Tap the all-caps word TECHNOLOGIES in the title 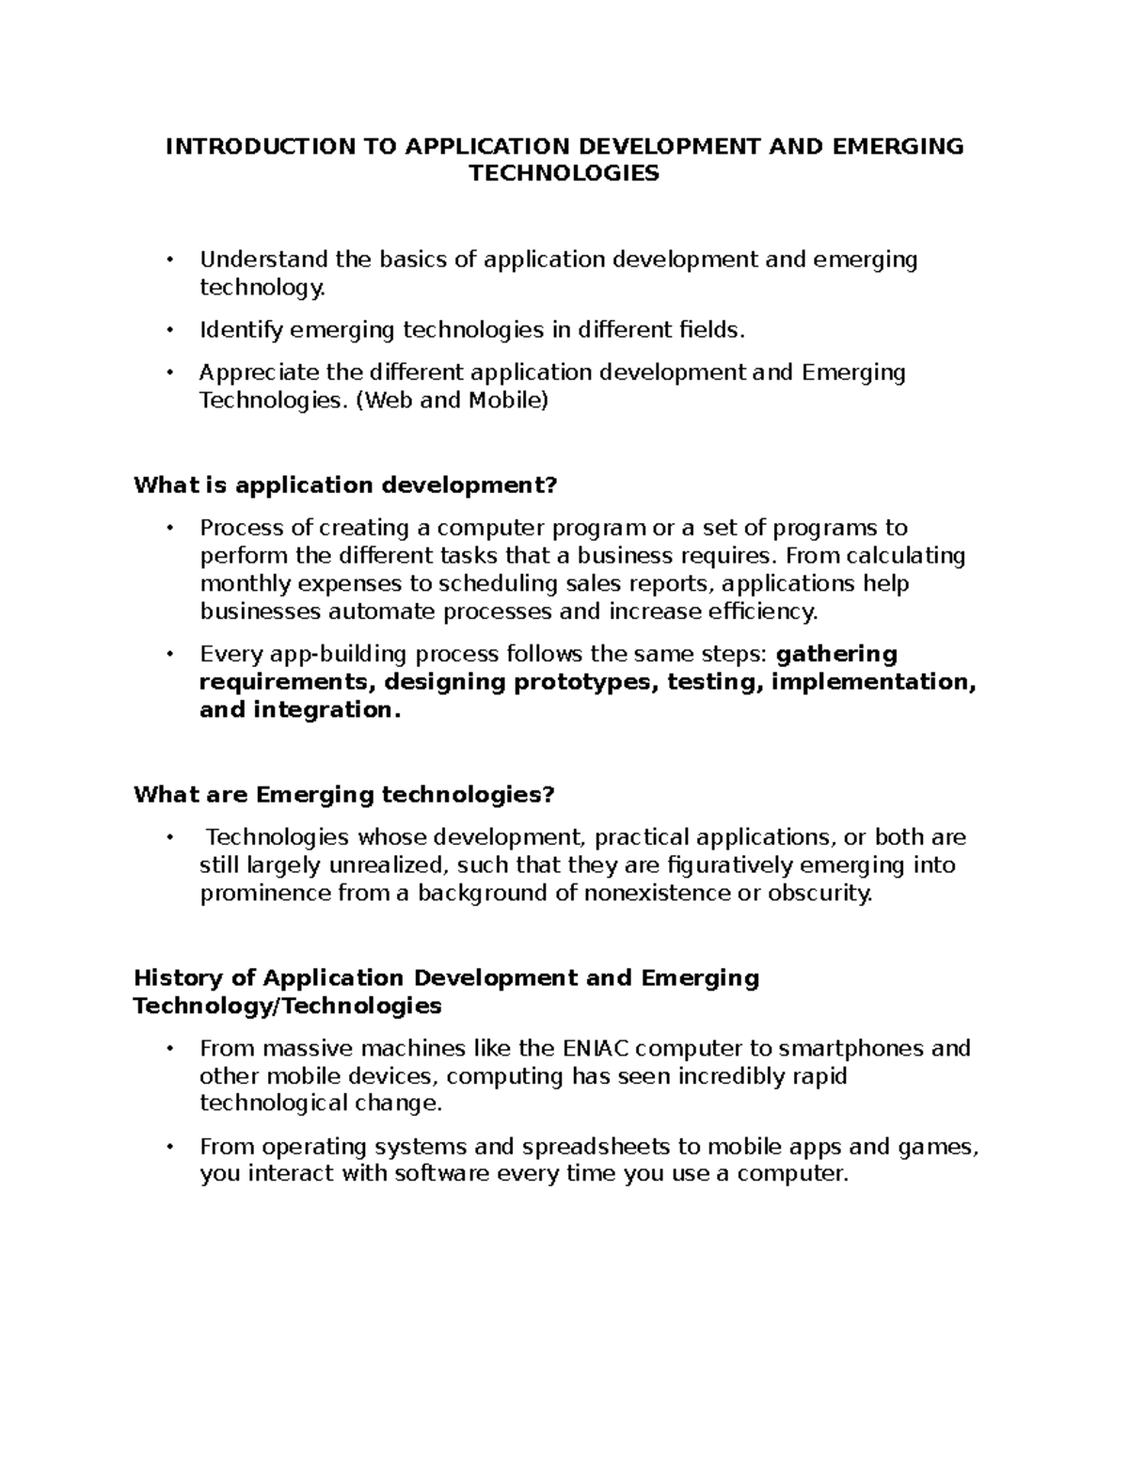(564, 174)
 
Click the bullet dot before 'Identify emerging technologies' (169, 330)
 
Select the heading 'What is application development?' (345, 485)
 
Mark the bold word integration (326, 710)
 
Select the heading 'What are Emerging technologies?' (344, 795)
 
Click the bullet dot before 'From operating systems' (169, 1148)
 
